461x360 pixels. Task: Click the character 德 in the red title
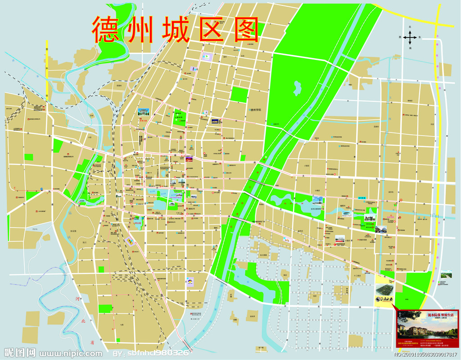pyautogui.click(x=108, y=30)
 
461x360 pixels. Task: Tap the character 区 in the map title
pyautogui.click(x=210, y=30)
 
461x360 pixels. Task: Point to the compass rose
pyautogui.click(x=410, y=37)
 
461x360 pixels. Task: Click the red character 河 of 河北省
pyautogui.click(x=78, y=299)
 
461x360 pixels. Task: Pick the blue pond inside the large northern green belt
pyautogui.click(x=298, y=88)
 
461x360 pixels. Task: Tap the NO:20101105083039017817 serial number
pyautogui.click(x=425, y=355)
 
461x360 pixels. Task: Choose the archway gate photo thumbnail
pyautogui.click(x=143, y=112)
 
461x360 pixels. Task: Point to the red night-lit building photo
pyautogui.click(x=190, y=159)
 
